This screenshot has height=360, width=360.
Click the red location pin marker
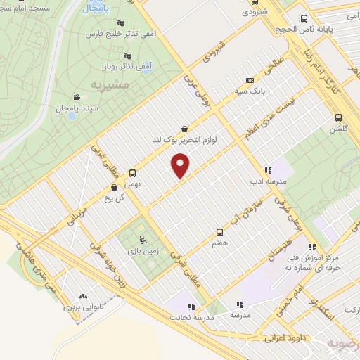181,166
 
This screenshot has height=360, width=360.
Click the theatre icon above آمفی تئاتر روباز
127,56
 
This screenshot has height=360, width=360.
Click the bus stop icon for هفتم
220,231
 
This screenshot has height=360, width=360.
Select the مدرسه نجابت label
191,316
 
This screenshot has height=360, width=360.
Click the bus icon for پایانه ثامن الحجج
303,19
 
